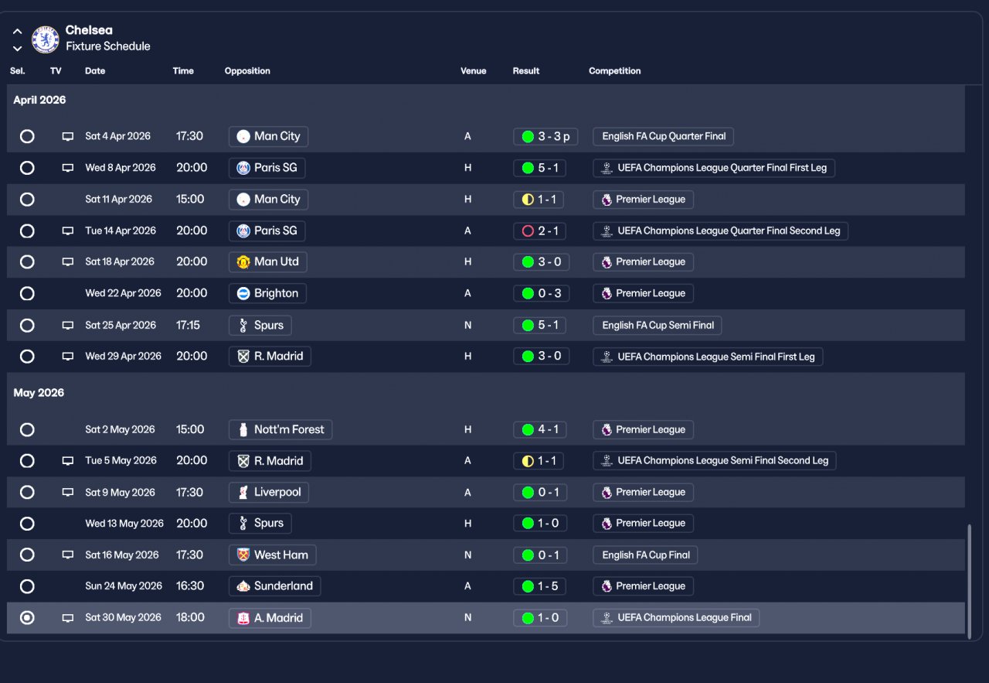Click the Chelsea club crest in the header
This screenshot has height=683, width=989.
(x=46, y=39)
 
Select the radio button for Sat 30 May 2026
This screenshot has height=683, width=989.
(x=27, y=617)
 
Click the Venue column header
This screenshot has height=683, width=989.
(x=473, y=71)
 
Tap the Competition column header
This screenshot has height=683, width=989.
(x=614, y=71)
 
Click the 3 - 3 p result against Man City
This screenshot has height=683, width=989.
(x=545, y=137)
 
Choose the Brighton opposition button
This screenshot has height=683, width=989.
(x=267, y=293)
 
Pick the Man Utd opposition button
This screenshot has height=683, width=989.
(x=267, y=261)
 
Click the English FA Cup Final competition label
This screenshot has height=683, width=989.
(x=646, y=555)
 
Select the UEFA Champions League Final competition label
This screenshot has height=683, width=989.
(x=676, y=617)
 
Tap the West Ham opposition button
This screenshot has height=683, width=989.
(x=273, y=555)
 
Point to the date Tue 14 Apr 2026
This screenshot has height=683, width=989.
(x=121, y=231)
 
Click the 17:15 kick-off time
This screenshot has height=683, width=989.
(x=188, y=325)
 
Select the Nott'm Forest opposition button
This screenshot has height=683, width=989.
(x=280, y=429)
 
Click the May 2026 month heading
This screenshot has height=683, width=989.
(x=39, y=393)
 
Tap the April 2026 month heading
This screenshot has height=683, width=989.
(x=39, y=101)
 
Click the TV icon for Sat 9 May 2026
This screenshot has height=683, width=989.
(x=68, y=492)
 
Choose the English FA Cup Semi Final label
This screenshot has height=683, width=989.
(x=658, y=325)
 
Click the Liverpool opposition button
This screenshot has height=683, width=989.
(x=269, y=492)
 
